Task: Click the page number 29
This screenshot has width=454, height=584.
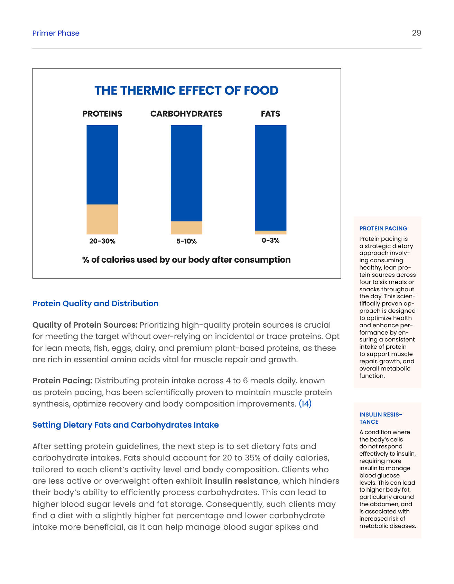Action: (416, 33)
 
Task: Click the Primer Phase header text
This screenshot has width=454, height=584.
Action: (56, 33)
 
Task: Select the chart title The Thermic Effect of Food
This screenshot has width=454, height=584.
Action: (186, 90)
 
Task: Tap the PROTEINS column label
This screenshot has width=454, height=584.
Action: (102, 114)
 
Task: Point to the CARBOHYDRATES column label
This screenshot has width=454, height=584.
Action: (186, 114)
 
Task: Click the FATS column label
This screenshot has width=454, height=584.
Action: (270, 114)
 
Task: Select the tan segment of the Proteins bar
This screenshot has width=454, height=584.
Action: (102, 219)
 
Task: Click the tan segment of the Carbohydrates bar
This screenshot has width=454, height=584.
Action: (186, 228)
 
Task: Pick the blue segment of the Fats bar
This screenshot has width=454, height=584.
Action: (270, 177)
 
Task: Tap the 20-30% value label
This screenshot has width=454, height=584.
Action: (102, 241)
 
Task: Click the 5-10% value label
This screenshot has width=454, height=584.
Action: (186, 241)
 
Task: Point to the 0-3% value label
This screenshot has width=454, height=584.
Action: (270, 240)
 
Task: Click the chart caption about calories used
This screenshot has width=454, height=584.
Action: (186, 260)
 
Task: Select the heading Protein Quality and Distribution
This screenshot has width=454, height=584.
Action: (95, 303)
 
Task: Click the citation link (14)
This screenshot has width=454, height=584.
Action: (305, 403)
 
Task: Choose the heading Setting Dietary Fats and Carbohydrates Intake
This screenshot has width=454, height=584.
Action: (126, 425)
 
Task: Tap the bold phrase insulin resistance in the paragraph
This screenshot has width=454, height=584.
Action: (241, 481)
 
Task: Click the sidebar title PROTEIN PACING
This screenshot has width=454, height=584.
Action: (383, 228)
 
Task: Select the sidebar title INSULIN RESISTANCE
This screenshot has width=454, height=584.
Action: (380, 418)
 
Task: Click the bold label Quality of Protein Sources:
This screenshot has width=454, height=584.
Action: (85, 325)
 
